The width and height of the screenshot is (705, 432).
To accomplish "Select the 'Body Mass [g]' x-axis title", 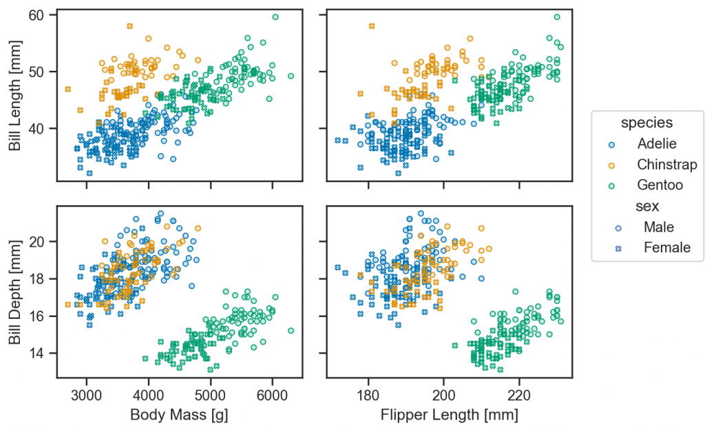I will pyautogui.click(x=180, y=415).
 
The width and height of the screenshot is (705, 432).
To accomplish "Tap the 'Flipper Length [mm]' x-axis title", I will pyautogui.click(x=450, y=415).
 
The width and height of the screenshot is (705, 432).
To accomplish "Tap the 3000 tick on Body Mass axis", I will pyautogui.click(x=87, y=395).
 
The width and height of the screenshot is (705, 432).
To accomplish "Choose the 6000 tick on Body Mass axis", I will pyautogui.click(x=273, y=395).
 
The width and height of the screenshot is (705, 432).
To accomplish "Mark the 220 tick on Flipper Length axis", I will pyautogui.click(x=519, y=395).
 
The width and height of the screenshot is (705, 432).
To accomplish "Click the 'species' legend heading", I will pyautogui.click(x=646, y=123).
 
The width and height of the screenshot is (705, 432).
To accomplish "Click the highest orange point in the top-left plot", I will pyautogui.click(x=129, y=26).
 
